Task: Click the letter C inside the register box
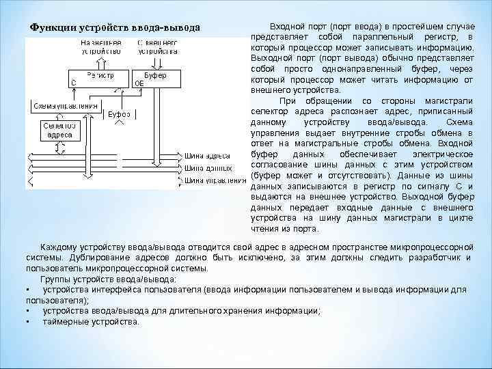click(x=74, y=81)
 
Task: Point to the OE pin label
click(x=139, y=82)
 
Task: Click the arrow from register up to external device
click(x=102, y=61)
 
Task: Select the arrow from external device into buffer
click(x=158, y=61)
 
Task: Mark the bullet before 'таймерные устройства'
click(x=27, y=320)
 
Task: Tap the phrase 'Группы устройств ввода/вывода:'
click(x=108, y=279)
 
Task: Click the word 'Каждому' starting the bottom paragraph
click(x=58, y=247)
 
